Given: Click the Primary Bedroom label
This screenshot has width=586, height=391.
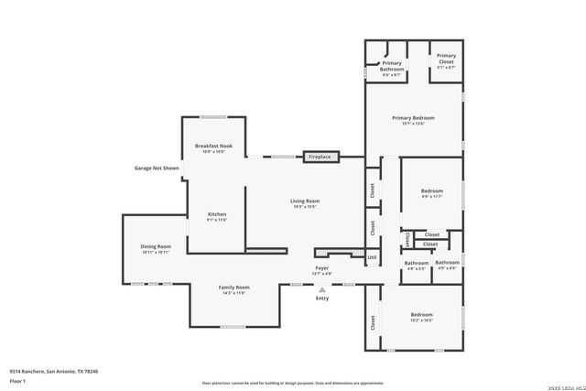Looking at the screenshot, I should click(x=413, y=118).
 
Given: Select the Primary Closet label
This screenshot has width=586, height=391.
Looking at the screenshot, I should click(x=446, y=60).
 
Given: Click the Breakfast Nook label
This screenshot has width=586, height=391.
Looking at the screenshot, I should click(x=213, y=146).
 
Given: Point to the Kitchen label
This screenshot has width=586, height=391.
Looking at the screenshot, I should click(x=216, y=214).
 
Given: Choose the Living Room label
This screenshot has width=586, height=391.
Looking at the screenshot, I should click(x=305, y=201).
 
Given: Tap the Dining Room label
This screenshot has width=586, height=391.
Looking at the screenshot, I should click(x=156, y=246).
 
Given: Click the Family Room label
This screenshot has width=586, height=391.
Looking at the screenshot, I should click(x=234, y=288).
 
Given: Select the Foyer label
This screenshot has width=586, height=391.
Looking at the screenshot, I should click(x=321, y=267).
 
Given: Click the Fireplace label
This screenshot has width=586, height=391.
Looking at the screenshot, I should click(x=320, y=157).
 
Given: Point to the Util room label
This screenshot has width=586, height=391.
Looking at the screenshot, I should click(x=372, y=257).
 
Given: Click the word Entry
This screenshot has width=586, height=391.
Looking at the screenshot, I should click(x=321, y=299).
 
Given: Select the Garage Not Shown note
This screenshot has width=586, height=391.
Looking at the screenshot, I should click(x=157, y=168).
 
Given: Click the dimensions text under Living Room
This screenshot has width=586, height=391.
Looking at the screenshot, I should click(x=305, y=207).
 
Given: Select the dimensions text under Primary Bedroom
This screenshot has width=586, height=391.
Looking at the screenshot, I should click(x=413, y=125).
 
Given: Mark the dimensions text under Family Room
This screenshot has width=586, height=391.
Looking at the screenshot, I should click(x=234, y=294).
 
